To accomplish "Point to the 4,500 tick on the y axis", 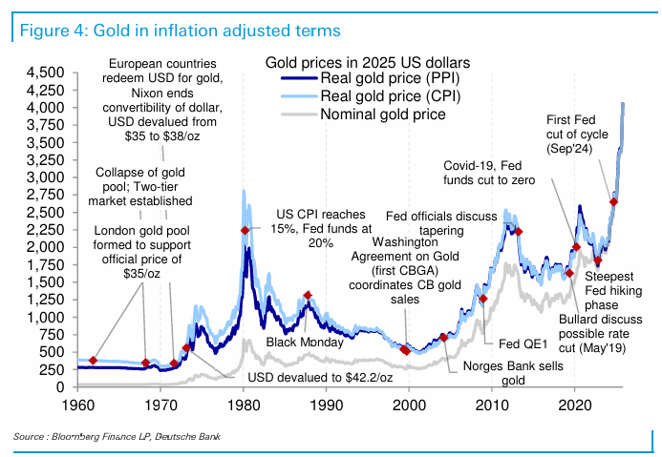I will click(x=45, y=73).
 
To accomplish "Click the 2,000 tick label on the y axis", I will click(x=45, y=247).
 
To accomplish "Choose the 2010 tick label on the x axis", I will click(x=492, y=405).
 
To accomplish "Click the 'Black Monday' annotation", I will click(x=297, y=342).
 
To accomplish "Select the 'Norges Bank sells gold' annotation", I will click(x=506, y=373).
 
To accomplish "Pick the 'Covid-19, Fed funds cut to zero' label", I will click(x=500, y=173).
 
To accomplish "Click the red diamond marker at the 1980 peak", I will click(x=246, y=231).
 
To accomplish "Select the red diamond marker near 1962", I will click(x=93, y=360).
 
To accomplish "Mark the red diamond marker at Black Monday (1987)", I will click(x=307, y=296).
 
